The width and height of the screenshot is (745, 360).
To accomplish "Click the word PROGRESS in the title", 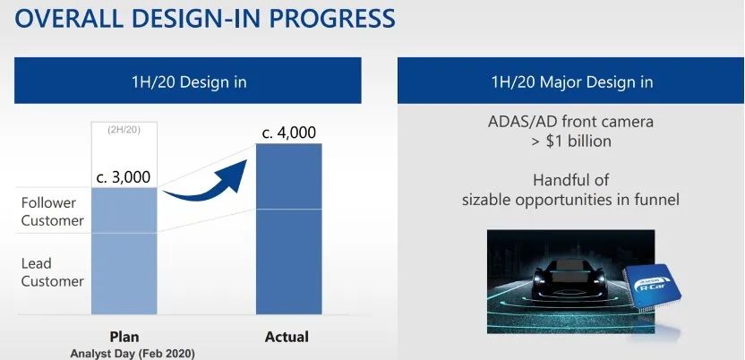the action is click(x=332, y=18).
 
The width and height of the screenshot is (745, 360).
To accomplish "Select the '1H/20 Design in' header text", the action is click(x=189, y=81).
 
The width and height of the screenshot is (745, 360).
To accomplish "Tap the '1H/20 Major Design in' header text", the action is click(x=572, y=81).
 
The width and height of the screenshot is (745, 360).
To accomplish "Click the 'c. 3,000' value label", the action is click(x=123, y=177).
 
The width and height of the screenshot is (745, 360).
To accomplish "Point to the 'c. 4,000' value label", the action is click(x=289, y=133).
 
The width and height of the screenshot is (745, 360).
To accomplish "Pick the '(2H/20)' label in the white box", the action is click(x=124, y=130).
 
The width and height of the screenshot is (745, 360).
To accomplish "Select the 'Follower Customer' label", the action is click(x=52, y=212).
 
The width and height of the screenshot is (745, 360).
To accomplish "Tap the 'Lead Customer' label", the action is click(x=52, y=272).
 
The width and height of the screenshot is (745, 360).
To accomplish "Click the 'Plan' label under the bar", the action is click(x=124, y=337).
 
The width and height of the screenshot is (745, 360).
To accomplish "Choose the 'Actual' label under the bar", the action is click(x=287, y=337).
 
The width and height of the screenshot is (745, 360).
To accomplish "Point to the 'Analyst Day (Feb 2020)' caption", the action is click(x=133, y=354).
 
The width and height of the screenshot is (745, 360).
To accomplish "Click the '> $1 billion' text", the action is click(x=571, y=141).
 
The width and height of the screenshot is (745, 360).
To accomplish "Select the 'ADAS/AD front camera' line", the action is click(x=570, y=121).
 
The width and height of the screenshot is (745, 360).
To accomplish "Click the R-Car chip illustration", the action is click(x=653, y=287).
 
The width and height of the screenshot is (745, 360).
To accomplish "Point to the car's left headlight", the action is click(x=540, y=277).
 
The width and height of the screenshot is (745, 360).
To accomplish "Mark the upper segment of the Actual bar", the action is click(x=289, y=176).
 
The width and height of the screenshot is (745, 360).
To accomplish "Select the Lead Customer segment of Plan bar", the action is click(x=124, y=273).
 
